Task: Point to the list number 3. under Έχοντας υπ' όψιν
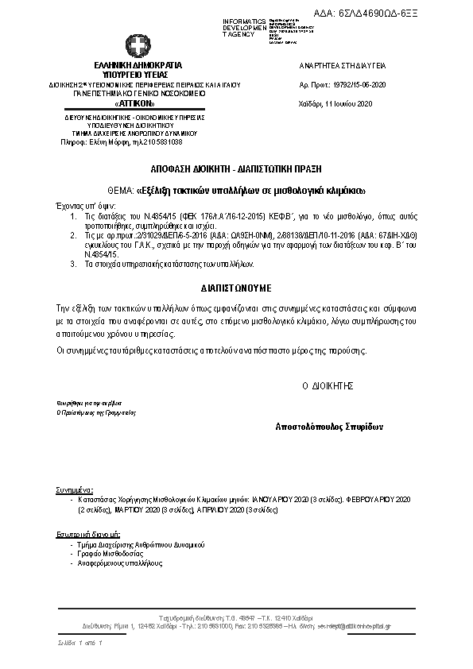73,261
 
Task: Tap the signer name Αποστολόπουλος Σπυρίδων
329,427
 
